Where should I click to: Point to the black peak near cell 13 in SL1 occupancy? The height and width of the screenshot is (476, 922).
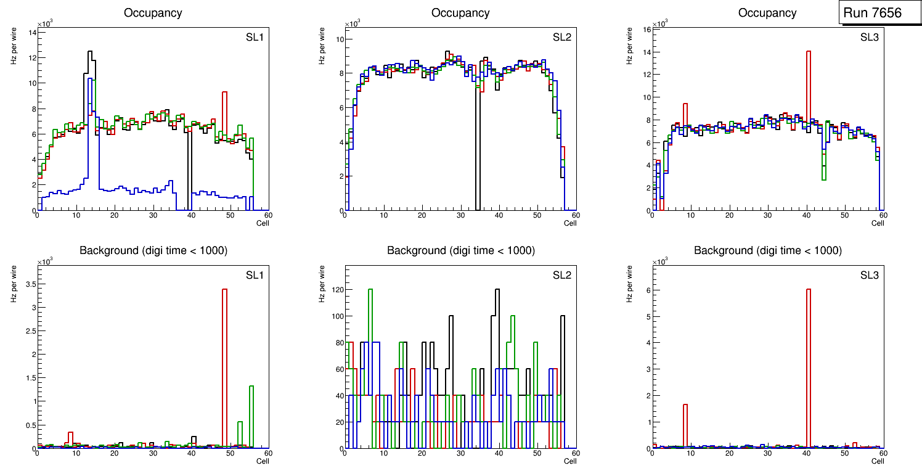click(x=90, y=55)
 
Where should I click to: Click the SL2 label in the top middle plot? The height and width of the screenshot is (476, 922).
click(x=561, y=38)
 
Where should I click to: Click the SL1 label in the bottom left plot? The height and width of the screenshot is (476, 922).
click(x=255, y=274)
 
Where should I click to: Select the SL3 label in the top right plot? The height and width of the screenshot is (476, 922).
click(x=869, y=38)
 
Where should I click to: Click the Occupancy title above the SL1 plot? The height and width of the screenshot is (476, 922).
click(x=153, y=13)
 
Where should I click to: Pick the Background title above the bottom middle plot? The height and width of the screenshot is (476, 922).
click(x=461, y=250)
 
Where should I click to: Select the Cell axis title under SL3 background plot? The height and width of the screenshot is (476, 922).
click(x=878, y=461)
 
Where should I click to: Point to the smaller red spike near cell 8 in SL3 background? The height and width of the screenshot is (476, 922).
click(x=685, y=425)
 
